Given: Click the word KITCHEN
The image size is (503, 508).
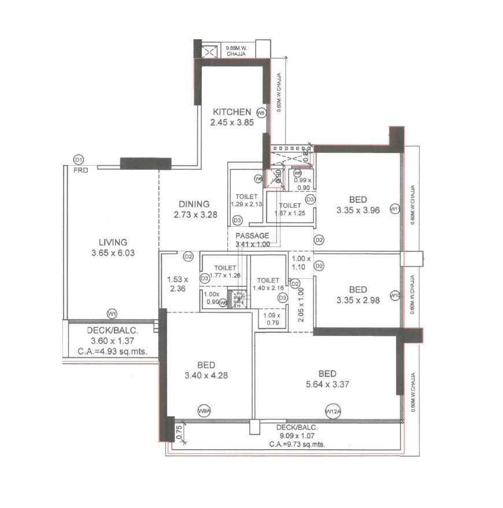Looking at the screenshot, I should [231, 112].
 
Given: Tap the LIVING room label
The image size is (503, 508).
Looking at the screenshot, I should [112, 242].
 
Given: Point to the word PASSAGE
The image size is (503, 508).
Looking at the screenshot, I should [252, 236].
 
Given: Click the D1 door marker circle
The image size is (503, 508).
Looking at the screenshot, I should [79, 160].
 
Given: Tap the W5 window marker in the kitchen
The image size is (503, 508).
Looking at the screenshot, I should [261, 113].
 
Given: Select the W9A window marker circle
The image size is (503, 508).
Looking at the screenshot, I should [203, 410].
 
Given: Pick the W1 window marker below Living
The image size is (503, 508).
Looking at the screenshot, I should [112, 313].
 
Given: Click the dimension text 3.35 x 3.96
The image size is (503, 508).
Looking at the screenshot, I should [358, 211].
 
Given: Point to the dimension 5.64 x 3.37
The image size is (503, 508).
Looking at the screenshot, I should [339, 384].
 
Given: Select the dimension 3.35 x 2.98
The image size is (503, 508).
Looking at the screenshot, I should [358, 300].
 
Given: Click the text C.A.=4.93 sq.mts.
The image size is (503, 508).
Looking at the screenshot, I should [112, 351].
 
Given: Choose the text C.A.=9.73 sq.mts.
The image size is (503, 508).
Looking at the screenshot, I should [297, 444].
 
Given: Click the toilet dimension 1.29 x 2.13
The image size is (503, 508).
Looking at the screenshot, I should [246, 204].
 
